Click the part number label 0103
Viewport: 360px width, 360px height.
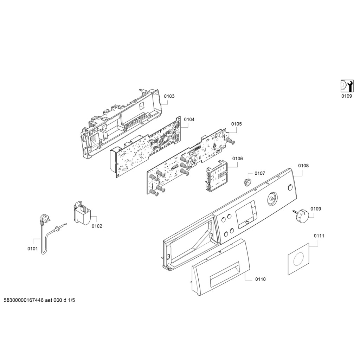(169, 96)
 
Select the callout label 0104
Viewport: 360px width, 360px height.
(189, 120)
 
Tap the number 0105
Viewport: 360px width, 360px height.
(236, 124)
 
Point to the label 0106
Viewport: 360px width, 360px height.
(237, 159)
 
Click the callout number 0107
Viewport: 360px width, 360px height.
(260, 173)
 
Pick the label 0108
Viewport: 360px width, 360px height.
(303, 166)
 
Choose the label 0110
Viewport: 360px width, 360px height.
(261, 279)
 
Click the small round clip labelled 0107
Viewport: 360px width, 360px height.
(247, 181)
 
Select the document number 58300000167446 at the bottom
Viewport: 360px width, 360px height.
(23, 301)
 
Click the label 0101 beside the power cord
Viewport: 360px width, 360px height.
(32, 249)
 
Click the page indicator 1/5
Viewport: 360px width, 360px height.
(72, 301)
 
